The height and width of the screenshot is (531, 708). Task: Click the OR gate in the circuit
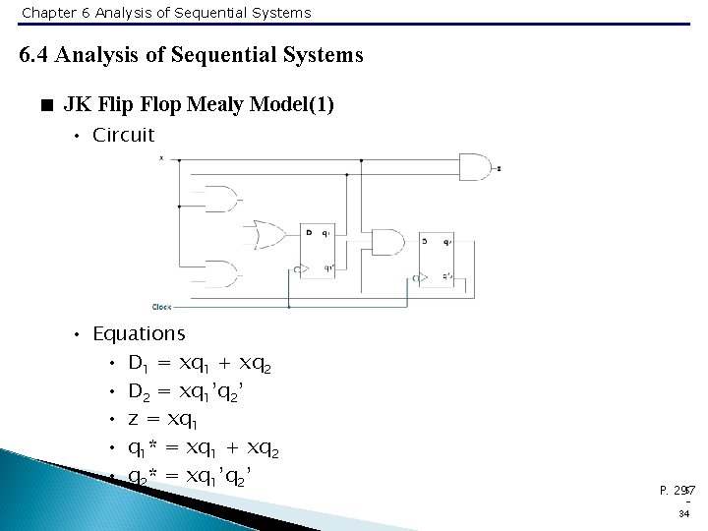click(x=264, y=235)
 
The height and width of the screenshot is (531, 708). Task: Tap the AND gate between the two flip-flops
click(x=385, y=242)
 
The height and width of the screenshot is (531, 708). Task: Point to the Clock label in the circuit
click(x=161, y=305)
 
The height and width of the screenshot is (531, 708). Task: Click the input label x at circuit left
click(x=161, y=157)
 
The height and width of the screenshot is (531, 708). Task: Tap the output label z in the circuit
click(x=500, y=168)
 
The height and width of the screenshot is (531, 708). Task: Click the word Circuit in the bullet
click(x=123, y=135)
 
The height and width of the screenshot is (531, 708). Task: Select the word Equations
click(x=139, y=334)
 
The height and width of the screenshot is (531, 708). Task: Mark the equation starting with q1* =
click(x=204, y=449)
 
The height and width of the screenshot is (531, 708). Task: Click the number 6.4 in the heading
click(x=34, y=55)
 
